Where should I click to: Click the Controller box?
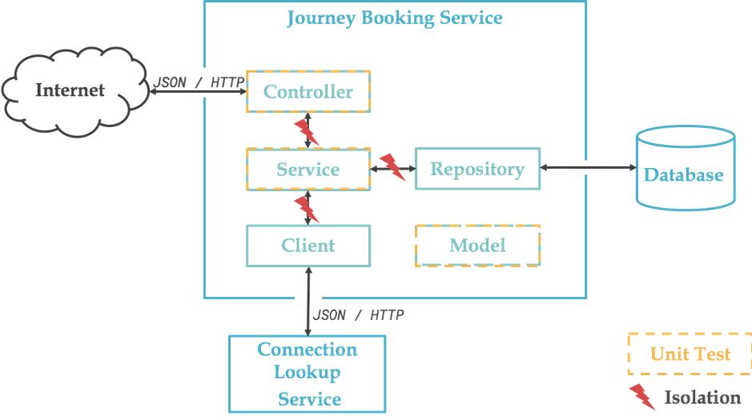click(308, 92)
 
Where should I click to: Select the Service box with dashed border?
click(308, 170)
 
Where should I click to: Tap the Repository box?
click(477, 169)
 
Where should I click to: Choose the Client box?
click(308, 246)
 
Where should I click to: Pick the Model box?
click(477, 246)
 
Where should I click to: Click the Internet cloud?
click(70, 90)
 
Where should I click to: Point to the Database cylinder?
click(684, 174)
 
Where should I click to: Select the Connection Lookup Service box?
click(308, 374)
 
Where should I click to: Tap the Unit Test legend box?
click(690, 354)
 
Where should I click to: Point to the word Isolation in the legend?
click(702, 398)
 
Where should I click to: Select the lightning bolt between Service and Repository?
click(392, 166)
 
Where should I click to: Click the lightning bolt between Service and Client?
click(307, 209)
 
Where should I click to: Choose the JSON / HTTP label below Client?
click(359, 315)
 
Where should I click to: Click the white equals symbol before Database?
click(585, 167)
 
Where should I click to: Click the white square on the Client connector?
click(308, 299)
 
